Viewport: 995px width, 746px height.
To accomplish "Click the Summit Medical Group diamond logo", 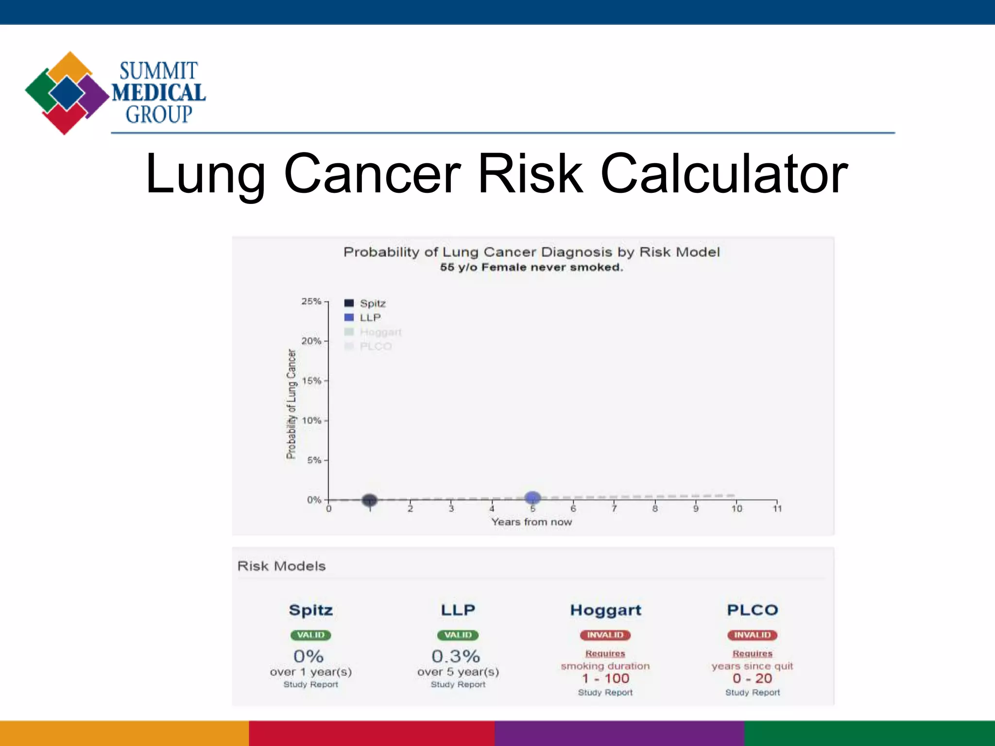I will coord(67,93).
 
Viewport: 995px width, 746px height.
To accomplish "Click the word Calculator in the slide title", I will coord(724,174).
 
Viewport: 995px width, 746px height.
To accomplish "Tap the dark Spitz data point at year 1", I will coord(370,500).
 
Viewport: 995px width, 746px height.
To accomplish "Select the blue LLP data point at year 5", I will coord(533,497).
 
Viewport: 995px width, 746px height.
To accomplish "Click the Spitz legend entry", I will coord(365,304).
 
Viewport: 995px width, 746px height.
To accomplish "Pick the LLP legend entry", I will coord(363,318).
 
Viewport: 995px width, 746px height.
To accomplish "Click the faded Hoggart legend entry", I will coord(373,332).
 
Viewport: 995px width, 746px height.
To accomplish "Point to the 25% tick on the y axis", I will coord(312,302).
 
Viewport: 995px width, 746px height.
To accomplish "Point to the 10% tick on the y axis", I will coord(312,421).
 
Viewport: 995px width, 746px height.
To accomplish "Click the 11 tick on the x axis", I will coord(777,508).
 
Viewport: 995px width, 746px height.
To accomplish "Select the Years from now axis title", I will coord(532,522).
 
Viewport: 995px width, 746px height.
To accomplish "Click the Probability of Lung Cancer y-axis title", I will coord(291,404).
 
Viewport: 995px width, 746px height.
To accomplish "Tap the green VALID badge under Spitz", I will coord(311,635).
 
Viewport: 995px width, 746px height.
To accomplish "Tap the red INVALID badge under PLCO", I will coord(752,635).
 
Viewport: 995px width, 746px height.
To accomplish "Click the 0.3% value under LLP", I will coord(456,657).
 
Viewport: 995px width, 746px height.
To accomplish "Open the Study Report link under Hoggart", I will coord(605,693).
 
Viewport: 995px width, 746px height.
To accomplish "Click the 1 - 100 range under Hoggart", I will coord(605,678).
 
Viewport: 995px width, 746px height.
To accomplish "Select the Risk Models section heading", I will coord(281,566).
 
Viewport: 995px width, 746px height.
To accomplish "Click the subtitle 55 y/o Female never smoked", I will coord(532,268).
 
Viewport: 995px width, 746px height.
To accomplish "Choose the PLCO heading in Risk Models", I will coord(752,610).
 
